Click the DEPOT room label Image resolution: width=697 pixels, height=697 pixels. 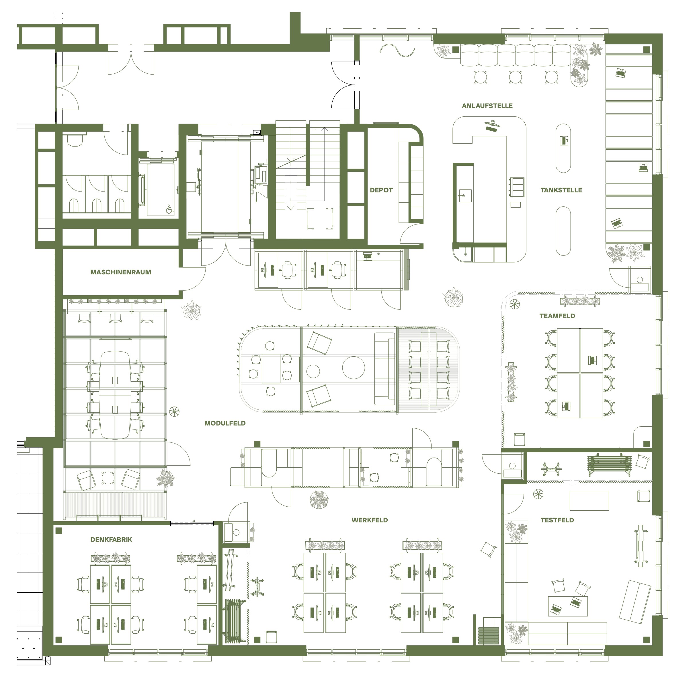pos(381,190)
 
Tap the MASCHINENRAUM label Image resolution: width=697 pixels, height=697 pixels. pos(120,272)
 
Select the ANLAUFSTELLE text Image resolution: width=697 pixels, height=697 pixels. pos(487,106)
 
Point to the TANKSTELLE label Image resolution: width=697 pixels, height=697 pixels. pos(561,190)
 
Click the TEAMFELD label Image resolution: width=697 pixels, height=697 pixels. pos(557,316)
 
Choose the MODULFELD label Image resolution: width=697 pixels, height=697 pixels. pos(225,423)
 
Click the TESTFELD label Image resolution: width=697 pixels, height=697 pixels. pos(557,520)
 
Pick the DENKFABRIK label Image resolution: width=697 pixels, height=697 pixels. pos(111,539)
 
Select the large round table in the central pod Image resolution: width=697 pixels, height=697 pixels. pos(353,368)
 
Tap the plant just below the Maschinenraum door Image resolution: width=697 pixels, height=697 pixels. pos(191,310)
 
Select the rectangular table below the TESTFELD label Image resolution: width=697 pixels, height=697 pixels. pos(589,501)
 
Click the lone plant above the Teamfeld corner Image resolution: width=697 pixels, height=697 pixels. pos(453,297)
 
